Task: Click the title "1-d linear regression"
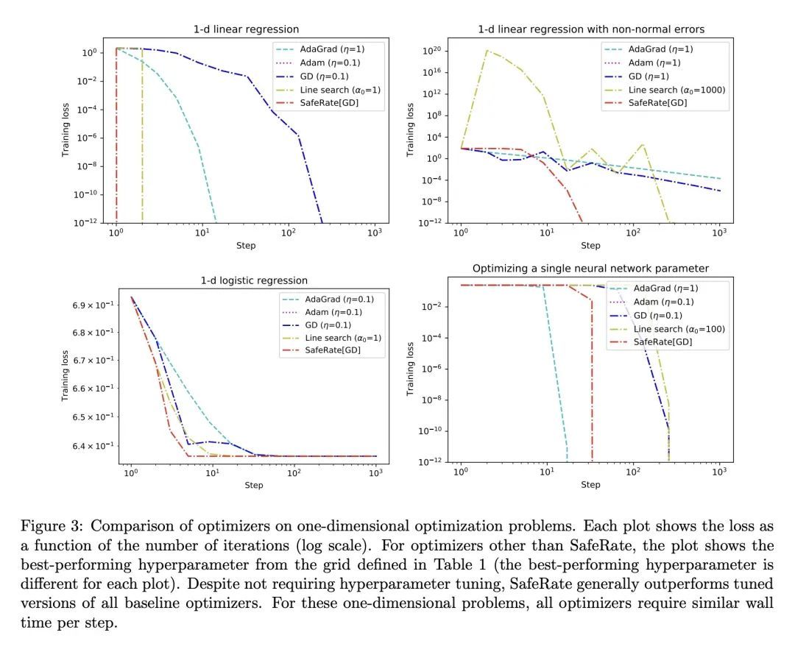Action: coord(246,29)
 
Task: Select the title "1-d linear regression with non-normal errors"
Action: coord(590,29)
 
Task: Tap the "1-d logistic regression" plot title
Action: coord(254,280)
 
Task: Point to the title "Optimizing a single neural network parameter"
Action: coord(590,269)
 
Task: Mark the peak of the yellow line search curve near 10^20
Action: coord(487,50)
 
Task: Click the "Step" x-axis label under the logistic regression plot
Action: coord(254,486)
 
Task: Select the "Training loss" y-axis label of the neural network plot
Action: coord(411,366)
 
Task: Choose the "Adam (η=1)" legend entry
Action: coord(661,63)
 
